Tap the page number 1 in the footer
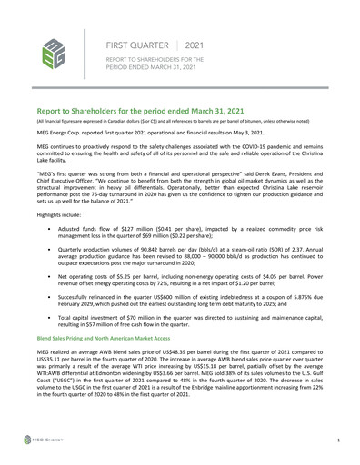(x=338, y=440)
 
